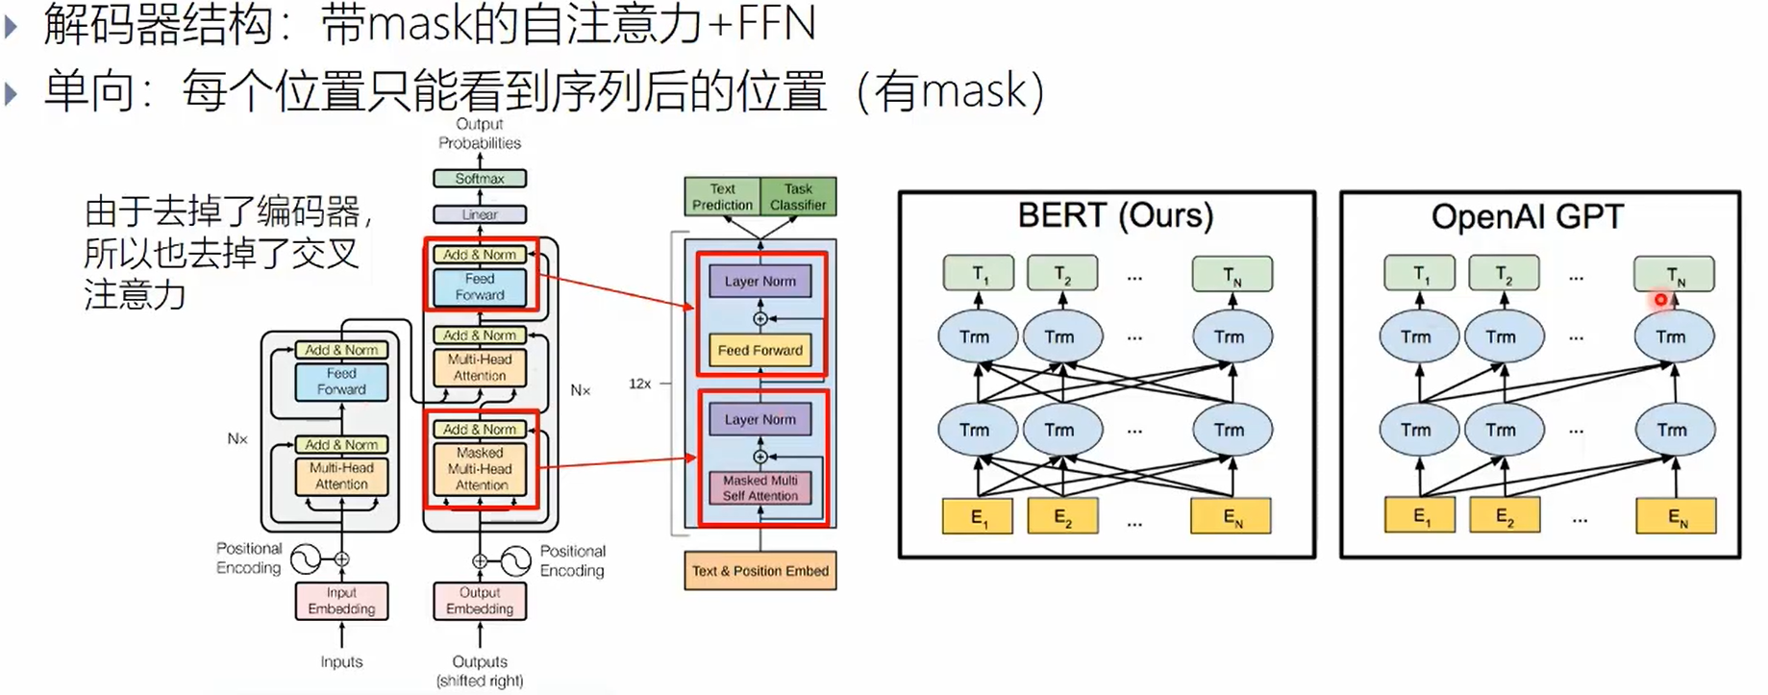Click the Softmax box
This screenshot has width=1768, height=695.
click(x=480, y=179)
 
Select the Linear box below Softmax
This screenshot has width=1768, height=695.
click(x=480, y=214)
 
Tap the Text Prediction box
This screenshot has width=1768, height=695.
click(x=722, y=197)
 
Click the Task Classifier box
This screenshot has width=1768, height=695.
click(x=798, y=197)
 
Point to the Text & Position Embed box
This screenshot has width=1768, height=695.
click(x=759, y=571)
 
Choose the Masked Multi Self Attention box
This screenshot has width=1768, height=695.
click(x=760, y=488)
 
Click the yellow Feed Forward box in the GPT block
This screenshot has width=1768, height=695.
click(x=760, y=351)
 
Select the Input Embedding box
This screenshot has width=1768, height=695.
click(x=341, y=601)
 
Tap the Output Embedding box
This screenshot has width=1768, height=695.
click(x=480, y=601)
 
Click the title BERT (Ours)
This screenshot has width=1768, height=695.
click(x=1115, y=215)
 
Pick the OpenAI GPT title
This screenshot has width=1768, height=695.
click(x=1527, y=217)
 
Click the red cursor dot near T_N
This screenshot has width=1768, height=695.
click(x=1660, y=301)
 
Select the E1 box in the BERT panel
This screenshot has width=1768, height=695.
click(x=979, y=517)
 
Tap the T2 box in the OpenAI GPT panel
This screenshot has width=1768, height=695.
click(x=1504, y=274)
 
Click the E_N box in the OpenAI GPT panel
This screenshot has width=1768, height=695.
click(x=1676, y=517)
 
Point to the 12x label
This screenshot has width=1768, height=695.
click(x=640, y=384)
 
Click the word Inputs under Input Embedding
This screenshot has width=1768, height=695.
click(x=341, y=662)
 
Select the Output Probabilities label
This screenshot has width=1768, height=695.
click(x=480, y=134)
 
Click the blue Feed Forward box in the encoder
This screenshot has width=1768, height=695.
click(x=341, y=382)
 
